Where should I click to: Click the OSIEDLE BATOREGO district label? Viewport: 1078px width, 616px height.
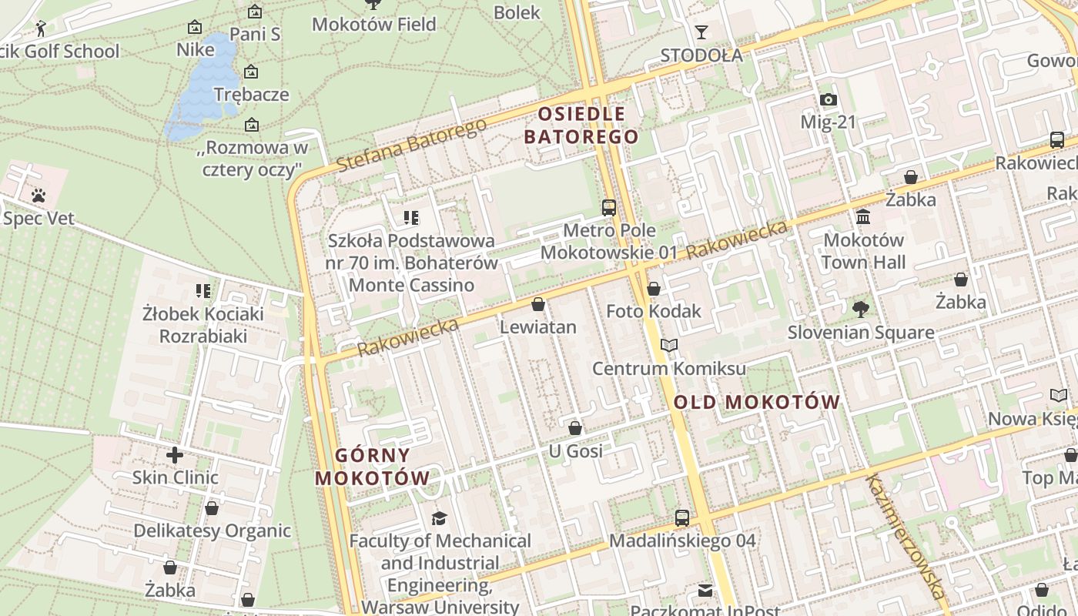(x=581, y=126)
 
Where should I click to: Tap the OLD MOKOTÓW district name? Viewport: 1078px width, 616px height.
(x=756, y=402)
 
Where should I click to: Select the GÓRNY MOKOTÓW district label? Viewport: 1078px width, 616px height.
(x=372, y=467)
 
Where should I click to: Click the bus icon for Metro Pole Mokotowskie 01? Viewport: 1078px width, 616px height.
(x=609, y=207)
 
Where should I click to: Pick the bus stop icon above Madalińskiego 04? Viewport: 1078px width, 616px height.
(x=682, y=518)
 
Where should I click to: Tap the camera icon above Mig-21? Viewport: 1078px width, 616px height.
(x=829, y=99)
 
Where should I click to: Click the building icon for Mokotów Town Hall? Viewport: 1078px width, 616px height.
(x=863, y=217)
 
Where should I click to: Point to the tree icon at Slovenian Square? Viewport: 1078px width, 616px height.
(x=860, y=310)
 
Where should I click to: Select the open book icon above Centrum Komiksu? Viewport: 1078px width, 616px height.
(x=669, y=346)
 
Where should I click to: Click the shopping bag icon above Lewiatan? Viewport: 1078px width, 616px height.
(x=538, y=304)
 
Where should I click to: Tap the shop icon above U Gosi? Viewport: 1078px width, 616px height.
(x=575, y=428)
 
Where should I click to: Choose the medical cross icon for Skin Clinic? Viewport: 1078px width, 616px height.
(x=175, y=454)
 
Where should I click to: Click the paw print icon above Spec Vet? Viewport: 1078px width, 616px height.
(x=38, y=196)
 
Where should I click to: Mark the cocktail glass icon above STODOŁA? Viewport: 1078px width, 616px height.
(x=701, y=32)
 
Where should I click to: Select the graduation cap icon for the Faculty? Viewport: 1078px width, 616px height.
(x=440, y=518)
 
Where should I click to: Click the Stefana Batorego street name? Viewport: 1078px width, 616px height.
(x=411, y=145)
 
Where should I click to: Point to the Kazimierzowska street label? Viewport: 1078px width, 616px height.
(x=906, y=536)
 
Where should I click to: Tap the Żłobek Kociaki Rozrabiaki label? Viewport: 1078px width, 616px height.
(x=203, y=325)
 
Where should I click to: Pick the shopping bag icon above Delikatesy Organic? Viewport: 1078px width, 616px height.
(x=212, y=508)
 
